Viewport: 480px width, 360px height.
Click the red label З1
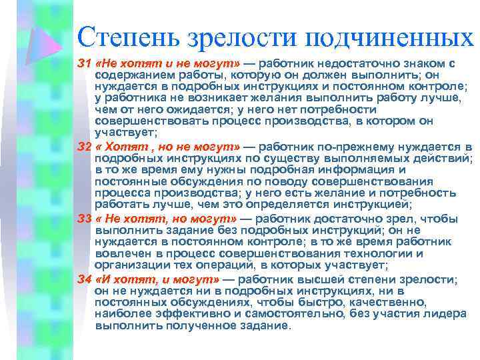pos(86,63)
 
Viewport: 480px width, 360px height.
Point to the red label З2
pos(86,147)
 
